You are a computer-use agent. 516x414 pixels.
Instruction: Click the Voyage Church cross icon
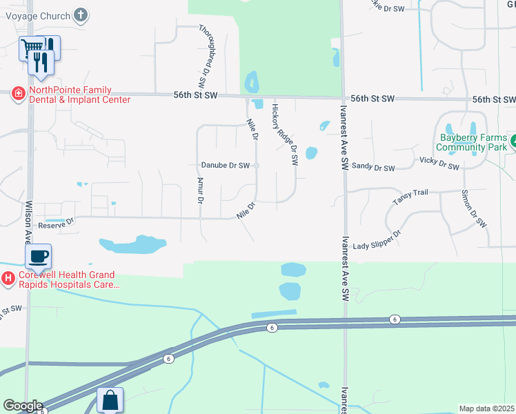click(x=81, y=14)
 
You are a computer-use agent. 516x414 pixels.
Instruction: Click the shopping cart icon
click(x=31, y=49)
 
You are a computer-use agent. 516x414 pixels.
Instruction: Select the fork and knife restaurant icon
click(x=41, y=63)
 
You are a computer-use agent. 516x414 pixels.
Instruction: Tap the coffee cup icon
click(x=39, y=257)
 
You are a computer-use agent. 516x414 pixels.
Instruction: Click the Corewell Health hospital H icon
click(x=8, y=279)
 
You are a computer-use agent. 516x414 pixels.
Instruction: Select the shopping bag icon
click(x=110, y=400)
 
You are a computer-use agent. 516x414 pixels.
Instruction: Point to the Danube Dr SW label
click(x=225, y=166)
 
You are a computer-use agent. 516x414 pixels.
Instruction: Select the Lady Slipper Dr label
click(x=377, y=241)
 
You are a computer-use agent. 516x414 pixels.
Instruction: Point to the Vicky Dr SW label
click(x=439, y=163)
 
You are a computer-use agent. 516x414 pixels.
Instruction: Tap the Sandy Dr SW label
click(x=373, y=167)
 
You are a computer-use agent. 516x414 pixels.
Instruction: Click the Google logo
click(x=23, y=406)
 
